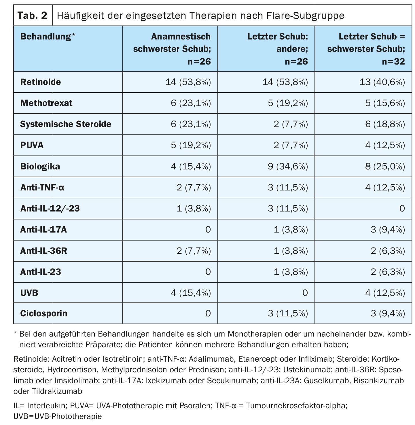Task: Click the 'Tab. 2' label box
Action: point(33,15)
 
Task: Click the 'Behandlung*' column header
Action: point(48,37)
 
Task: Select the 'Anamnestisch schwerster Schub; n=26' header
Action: point(172,49)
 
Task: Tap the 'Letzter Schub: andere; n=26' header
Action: point(277,49)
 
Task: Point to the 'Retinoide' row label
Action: point(41,82)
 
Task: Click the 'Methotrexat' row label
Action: point(46,103)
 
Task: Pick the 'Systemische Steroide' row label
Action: point(66,124)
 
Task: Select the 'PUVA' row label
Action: point(32,145)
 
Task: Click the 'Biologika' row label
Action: point(40,167)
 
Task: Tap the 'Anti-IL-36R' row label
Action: point(43,251)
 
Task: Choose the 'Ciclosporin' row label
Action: point(44,313)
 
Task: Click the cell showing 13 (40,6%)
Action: point(382,82)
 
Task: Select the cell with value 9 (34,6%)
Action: point(288,167)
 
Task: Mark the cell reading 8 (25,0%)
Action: point(385,167)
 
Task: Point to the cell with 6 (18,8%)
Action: point(385,124)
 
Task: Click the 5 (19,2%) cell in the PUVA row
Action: point(191,145)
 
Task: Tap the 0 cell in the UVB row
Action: point(305,293)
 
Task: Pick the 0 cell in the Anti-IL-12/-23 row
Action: point(402,208)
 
